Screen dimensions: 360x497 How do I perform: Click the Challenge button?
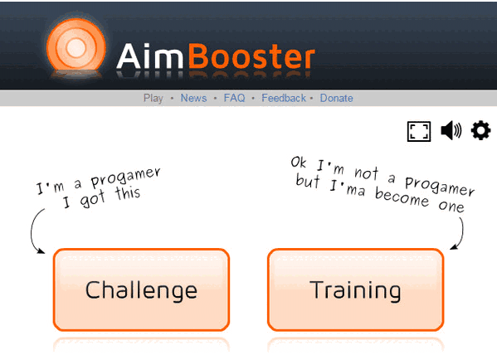141,289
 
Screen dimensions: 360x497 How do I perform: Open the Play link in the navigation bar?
153,98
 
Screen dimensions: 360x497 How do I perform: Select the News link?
193,98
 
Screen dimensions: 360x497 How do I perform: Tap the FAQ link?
234,98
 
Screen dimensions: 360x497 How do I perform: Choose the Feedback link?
284,98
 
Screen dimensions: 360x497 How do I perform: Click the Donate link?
336,98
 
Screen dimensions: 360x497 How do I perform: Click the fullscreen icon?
419,131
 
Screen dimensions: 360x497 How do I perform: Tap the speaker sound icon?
451,131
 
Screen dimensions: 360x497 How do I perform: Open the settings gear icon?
480,130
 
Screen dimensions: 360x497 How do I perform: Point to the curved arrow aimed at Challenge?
35,231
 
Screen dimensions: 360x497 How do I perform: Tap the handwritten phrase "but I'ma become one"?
380,194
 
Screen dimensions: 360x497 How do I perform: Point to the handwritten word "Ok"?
300,161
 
